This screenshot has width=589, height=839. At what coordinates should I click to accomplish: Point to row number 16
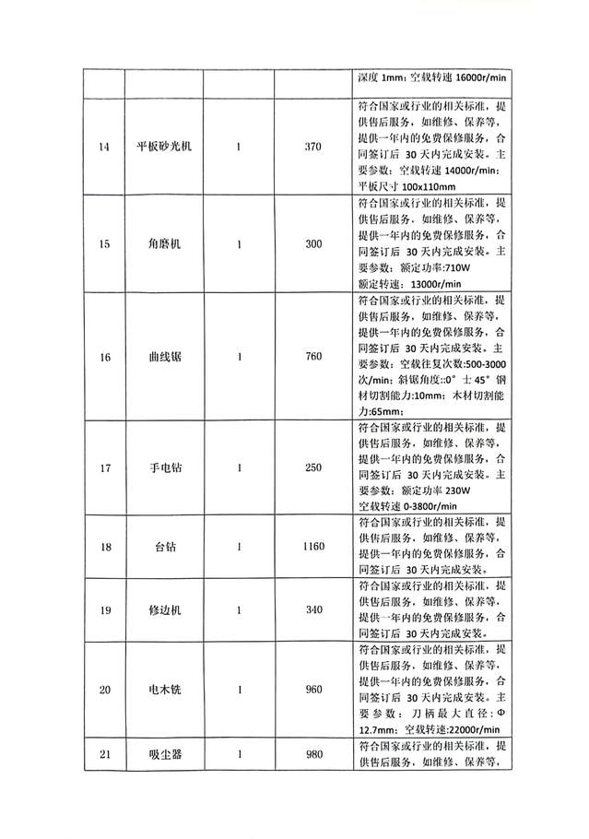click(x=104, y=357)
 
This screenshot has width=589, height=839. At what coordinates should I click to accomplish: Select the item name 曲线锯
click(x=164, y=357)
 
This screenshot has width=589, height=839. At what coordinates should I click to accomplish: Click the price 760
click(x=312, y=357)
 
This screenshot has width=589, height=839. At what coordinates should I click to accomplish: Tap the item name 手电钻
click(x=164, y=467)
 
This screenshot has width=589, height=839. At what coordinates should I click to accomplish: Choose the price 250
click(x=312, y=467)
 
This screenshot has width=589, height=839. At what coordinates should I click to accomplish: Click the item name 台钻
click(x=164, y=547)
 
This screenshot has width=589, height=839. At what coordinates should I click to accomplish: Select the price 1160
click(x=312, y=547)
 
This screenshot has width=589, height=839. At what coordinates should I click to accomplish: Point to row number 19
click(x=104, y=609)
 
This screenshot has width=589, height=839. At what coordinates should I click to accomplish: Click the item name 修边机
click(x=164, y=609)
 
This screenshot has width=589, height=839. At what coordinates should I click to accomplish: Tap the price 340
click(x=312, y=609)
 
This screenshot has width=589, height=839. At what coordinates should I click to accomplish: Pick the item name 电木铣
click(x=164, y=690)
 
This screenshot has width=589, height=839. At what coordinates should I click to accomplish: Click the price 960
click(x=312, y=690)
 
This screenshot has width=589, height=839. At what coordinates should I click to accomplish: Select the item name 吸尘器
click(x=164, y=755)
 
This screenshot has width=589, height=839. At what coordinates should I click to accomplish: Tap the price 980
click(x=312, y=755)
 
